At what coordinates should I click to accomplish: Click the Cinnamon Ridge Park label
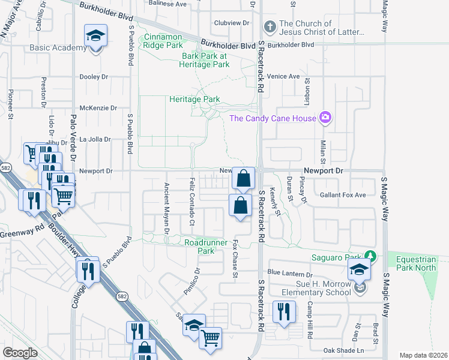click(163, 41)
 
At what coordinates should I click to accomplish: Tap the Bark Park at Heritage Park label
click(205, 60)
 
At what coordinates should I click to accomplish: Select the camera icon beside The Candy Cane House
click(325, 117)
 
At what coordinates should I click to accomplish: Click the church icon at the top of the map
click(270, 27)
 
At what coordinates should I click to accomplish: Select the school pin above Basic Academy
click(95, 37)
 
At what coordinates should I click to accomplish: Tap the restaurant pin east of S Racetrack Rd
click(284, 312)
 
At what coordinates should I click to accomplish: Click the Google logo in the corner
click(20, 353)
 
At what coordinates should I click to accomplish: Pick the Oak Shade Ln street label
click(344, 350)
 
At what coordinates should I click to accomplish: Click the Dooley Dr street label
click(94, 77)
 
